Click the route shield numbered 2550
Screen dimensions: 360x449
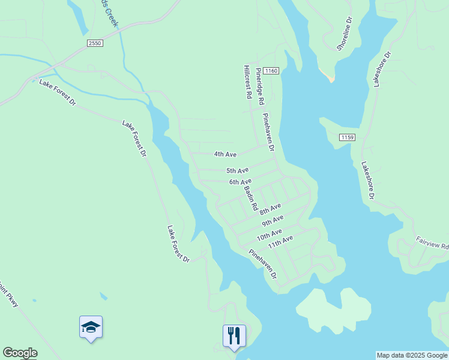click(94, 43)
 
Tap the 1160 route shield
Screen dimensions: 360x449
click(271, 71)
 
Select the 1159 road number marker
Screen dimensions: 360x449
click(347, 137)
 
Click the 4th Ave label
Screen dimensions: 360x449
click(226, 154)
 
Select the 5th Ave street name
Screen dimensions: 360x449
click(237, 171)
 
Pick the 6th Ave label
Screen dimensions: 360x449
click(240, 182)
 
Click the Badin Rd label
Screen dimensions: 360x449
click(251, 199)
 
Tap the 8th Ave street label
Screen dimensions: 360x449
click(271, 210)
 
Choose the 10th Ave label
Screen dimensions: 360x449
click(269, 235)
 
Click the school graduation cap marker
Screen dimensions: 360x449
click(91, 327)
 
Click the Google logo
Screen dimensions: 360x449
click(20, 353)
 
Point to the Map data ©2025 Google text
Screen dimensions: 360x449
click(412, 355)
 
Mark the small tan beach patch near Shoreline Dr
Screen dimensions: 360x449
click(327, 76)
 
